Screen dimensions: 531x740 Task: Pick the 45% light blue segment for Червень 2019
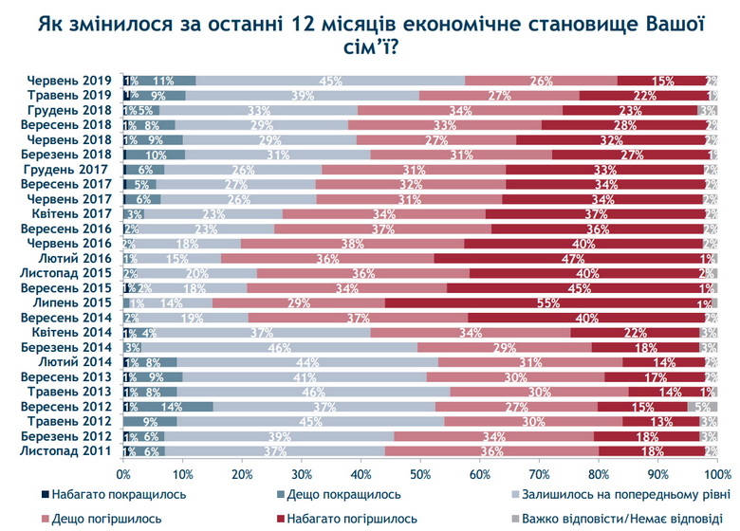[x=330, y=82]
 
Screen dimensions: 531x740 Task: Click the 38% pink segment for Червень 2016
[x=352, y=244]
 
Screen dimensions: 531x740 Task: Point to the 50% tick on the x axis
[x=420, y=472]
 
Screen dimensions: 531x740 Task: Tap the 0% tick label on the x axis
[x=123, y=472]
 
